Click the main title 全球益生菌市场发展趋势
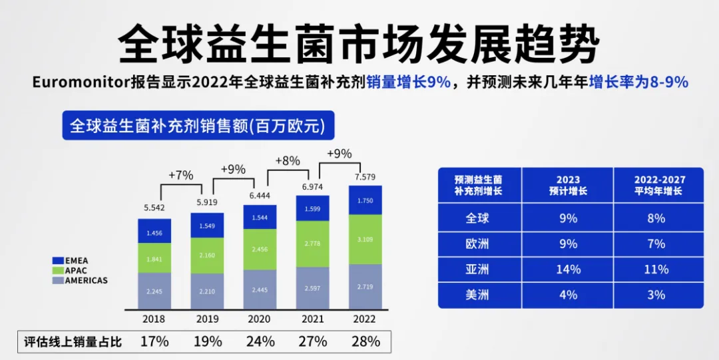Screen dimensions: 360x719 coord(359,43)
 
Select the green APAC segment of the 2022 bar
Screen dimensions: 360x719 coord(365,239)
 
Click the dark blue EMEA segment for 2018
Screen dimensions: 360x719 coord(154,232)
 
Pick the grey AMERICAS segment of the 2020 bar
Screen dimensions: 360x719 coord(260,289)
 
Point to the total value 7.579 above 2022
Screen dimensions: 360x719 coord(365,177)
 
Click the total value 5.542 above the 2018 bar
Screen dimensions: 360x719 coord(154,208)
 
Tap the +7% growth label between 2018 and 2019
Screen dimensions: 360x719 coord(180,175)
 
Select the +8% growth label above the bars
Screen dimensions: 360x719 coord(288,160)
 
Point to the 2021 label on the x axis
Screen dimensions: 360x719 coord(313,319)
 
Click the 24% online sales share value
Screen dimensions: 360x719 coord(260,341)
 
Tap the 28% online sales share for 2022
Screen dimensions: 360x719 coord(365,341)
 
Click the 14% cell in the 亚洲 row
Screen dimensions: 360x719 coord(568,270)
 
